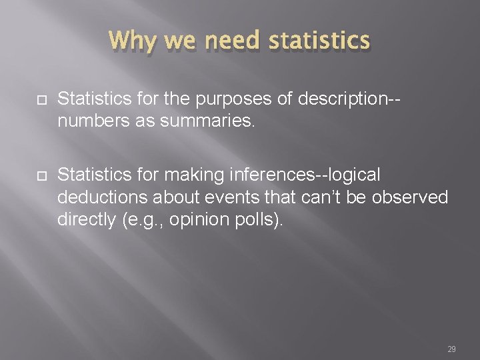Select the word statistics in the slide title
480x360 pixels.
coord(319,41)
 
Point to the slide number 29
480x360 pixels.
coord(451,349)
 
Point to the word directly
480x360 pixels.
coord(85,220)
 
